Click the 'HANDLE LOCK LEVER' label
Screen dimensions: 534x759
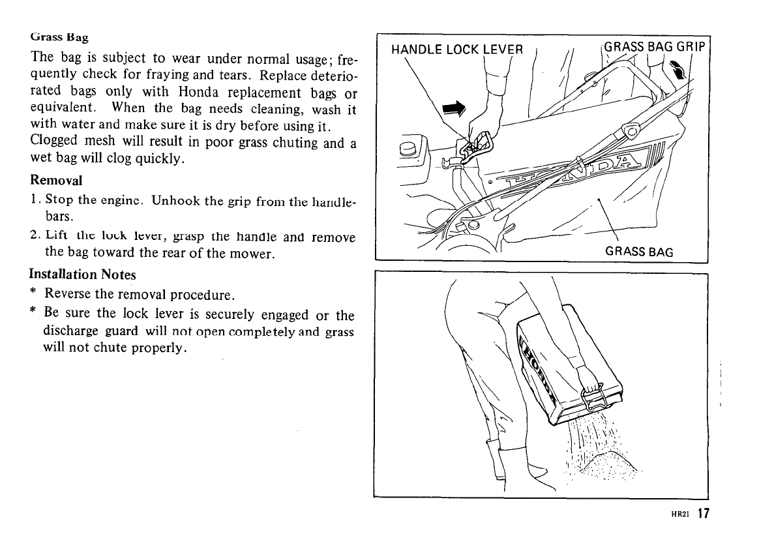coord(456,50)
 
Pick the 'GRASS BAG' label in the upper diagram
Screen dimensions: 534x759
coord(638,252)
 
